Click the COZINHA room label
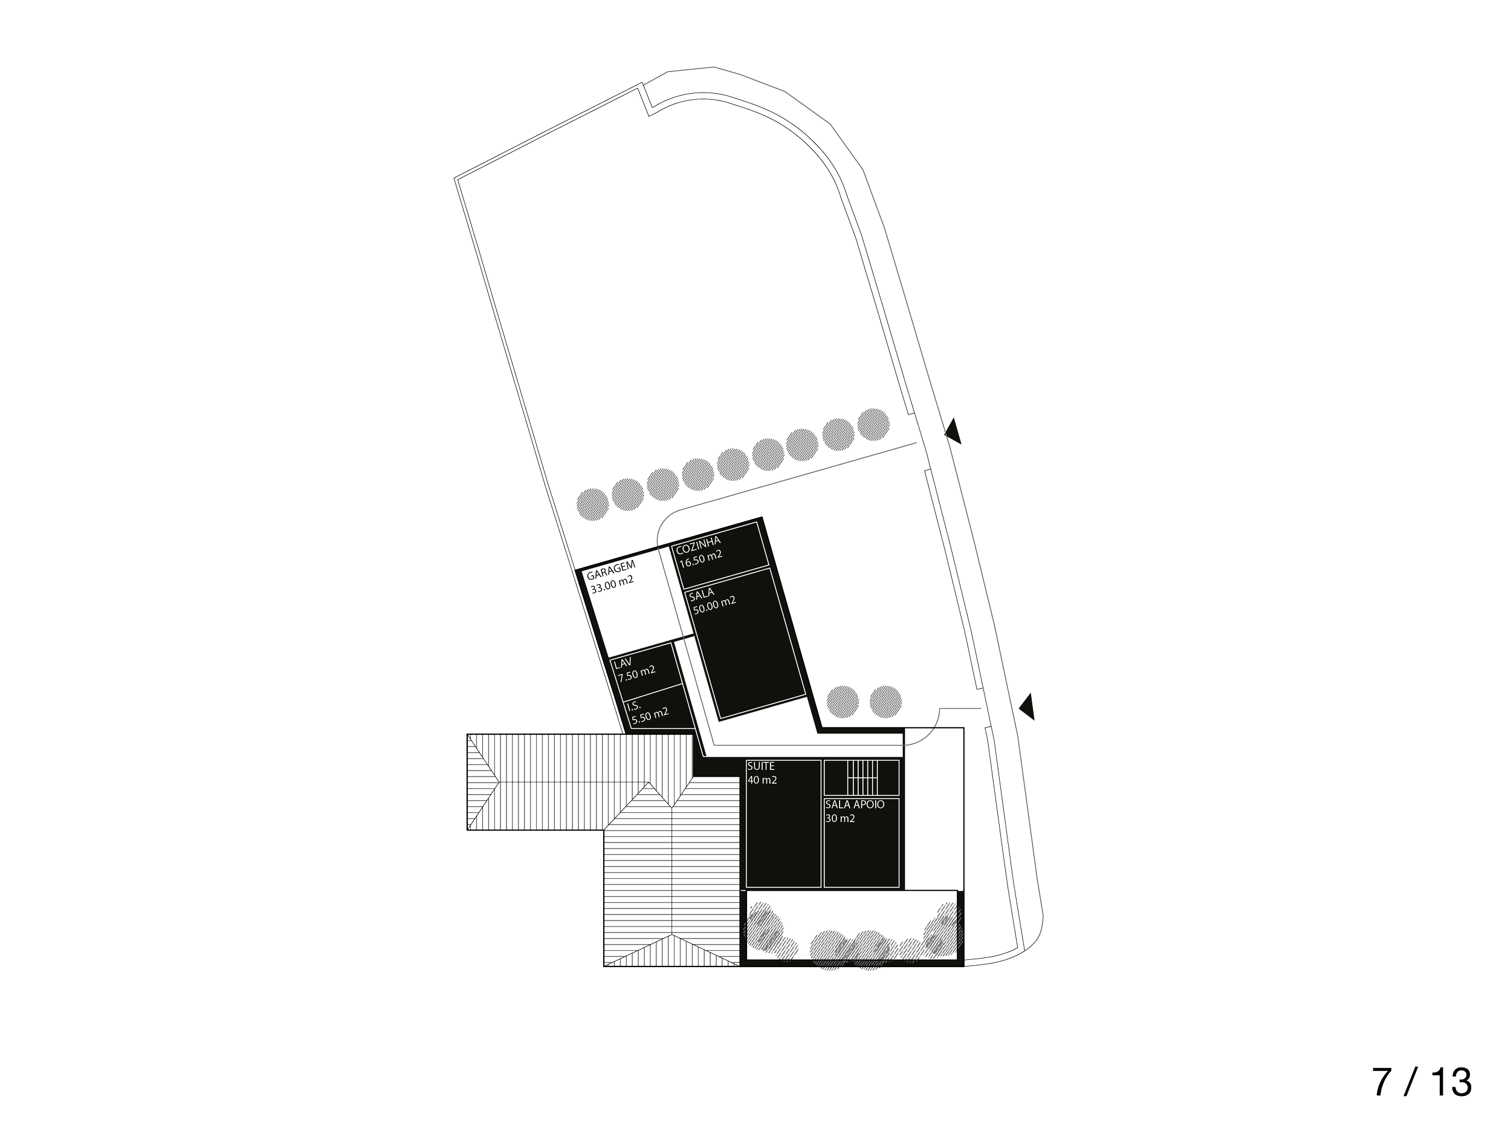(697, 542)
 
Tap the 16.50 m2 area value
(700, 556)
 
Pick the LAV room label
(623, 663)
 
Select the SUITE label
(760, 767)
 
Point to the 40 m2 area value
(762, 780)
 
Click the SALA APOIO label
(854, 804)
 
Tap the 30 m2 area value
(840, 818)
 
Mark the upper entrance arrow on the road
(954, 432)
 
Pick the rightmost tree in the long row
(874, 424)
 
